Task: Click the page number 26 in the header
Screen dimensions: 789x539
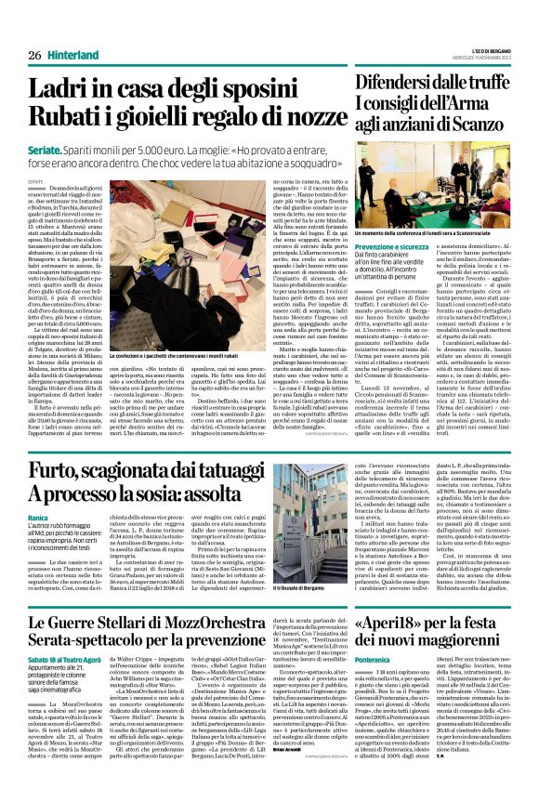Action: [x=33, y=56]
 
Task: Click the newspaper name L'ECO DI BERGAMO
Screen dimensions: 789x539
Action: [x=489, y=50]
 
